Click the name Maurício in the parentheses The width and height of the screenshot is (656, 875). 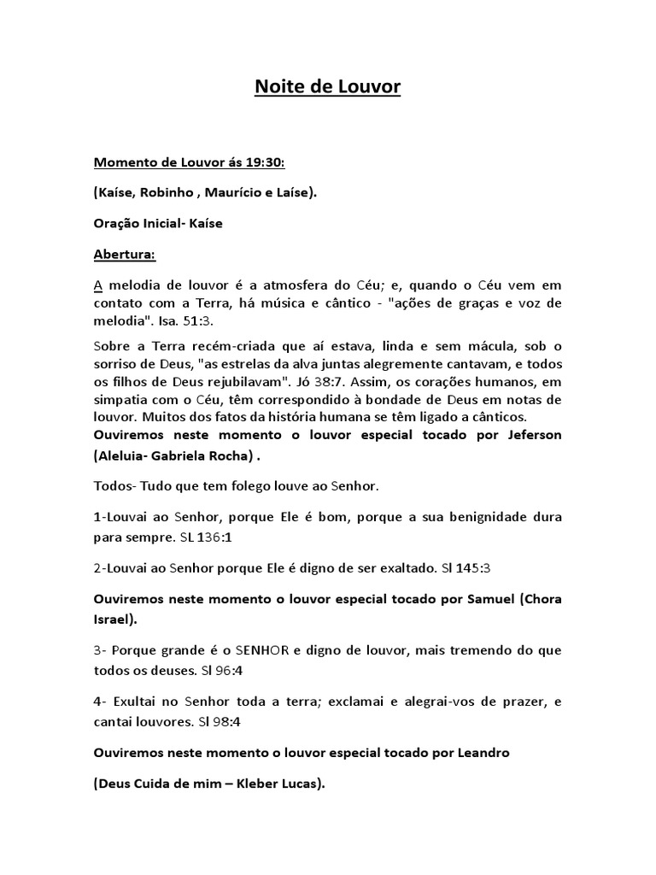coord(249,193)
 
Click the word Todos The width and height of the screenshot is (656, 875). coord(113,487)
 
